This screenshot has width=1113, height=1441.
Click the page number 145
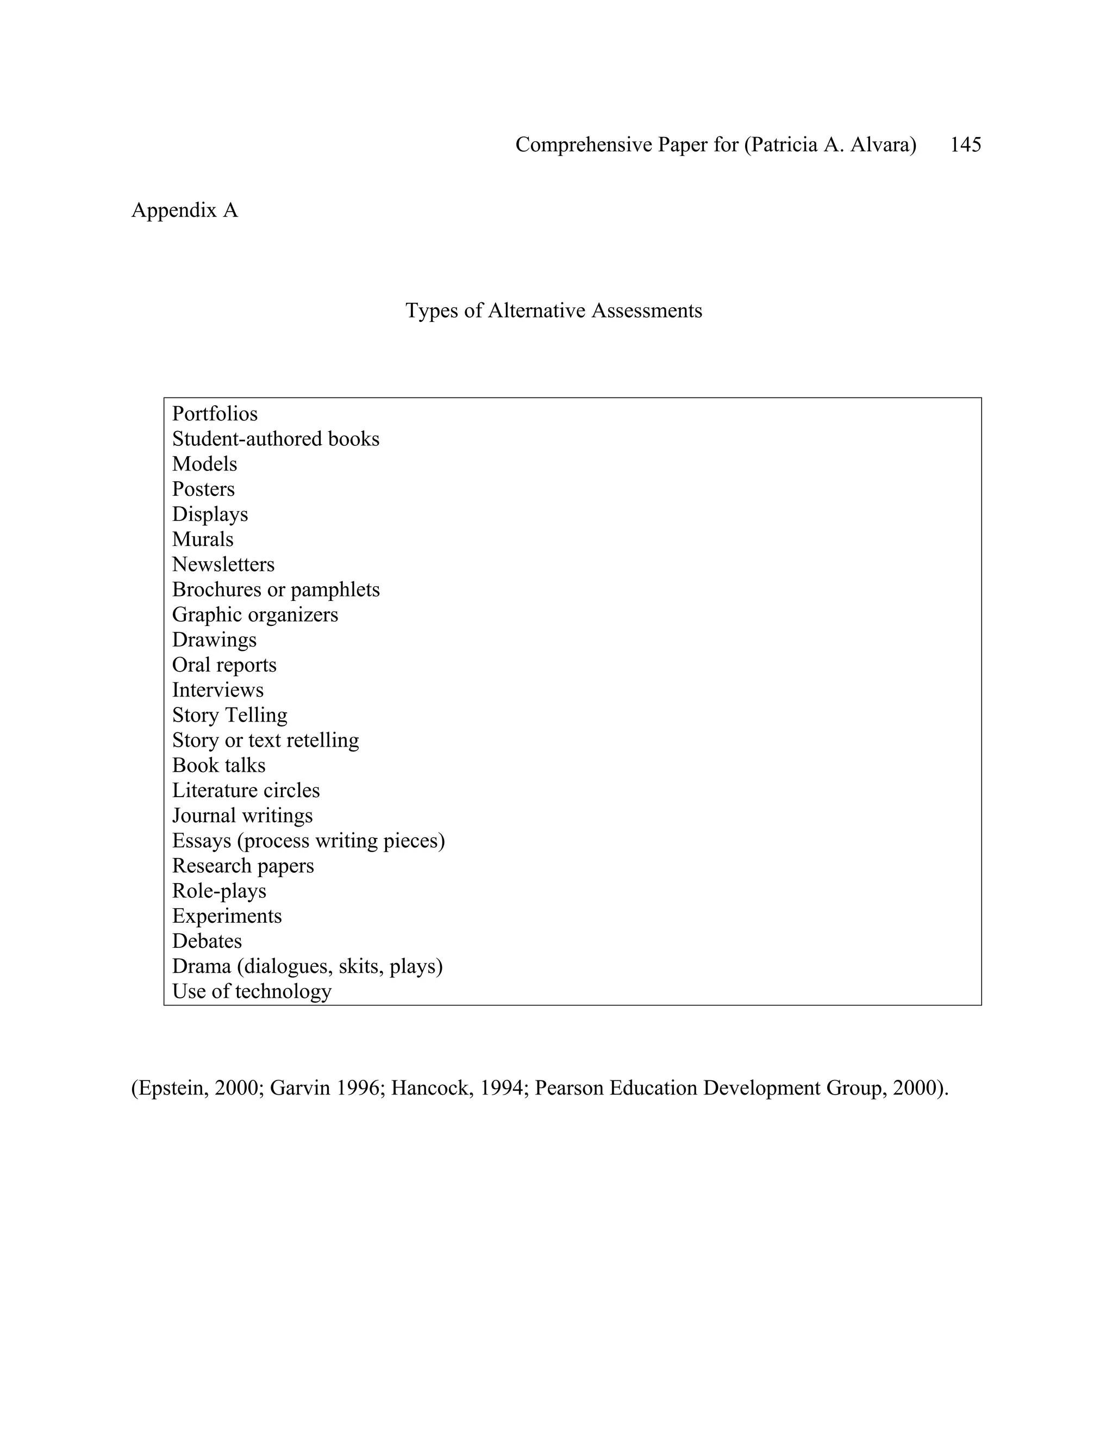click(965, 145)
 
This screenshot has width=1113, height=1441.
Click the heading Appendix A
click(185, 210)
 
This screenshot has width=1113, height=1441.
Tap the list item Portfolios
click(215, 414)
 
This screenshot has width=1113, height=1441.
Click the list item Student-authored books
click(276, 439)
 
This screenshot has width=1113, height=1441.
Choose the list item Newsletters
click(223, 564)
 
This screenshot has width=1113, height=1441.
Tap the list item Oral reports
click(224, 664)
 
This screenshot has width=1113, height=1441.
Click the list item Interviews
click(217, 690)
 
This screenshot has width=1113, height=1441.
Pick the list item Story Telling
click(229, 715)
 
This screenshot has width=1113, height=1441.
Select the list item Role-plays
click(219, 891)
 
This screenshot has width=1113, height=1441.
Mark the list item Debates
click(207, 941)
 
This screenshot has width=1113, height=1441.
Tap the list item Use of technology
click(251, 991)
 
